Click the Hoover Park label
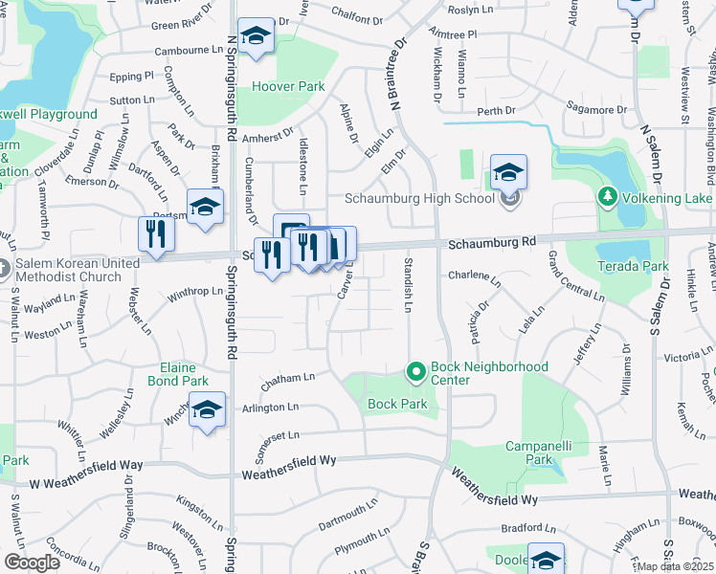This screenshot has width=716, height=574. [x=289, y=86]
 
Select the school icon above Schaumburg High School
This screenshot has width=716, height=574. [x=509, y=172]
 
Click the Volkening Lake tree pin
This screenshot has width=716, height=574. [x=606, y=197]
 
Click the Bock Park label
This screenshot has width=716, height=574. [x=397, y=404]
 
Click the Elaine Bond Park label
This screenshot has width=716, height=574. [x=178, y=374]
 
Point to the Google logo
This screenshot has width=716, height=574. [x=33, y=562]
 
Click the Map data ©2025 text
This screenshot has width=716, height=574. [x=676, y=566]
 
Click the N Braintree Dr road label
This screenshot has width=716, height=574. [x=400, y=66]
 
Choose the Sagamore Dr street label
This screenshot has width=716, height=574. [x=596, y=110]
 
